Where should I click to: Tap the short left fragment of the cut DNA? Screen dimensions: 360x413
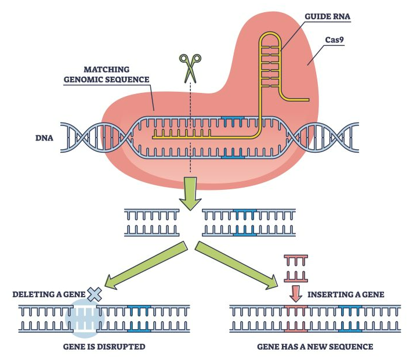coord(150,223)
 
